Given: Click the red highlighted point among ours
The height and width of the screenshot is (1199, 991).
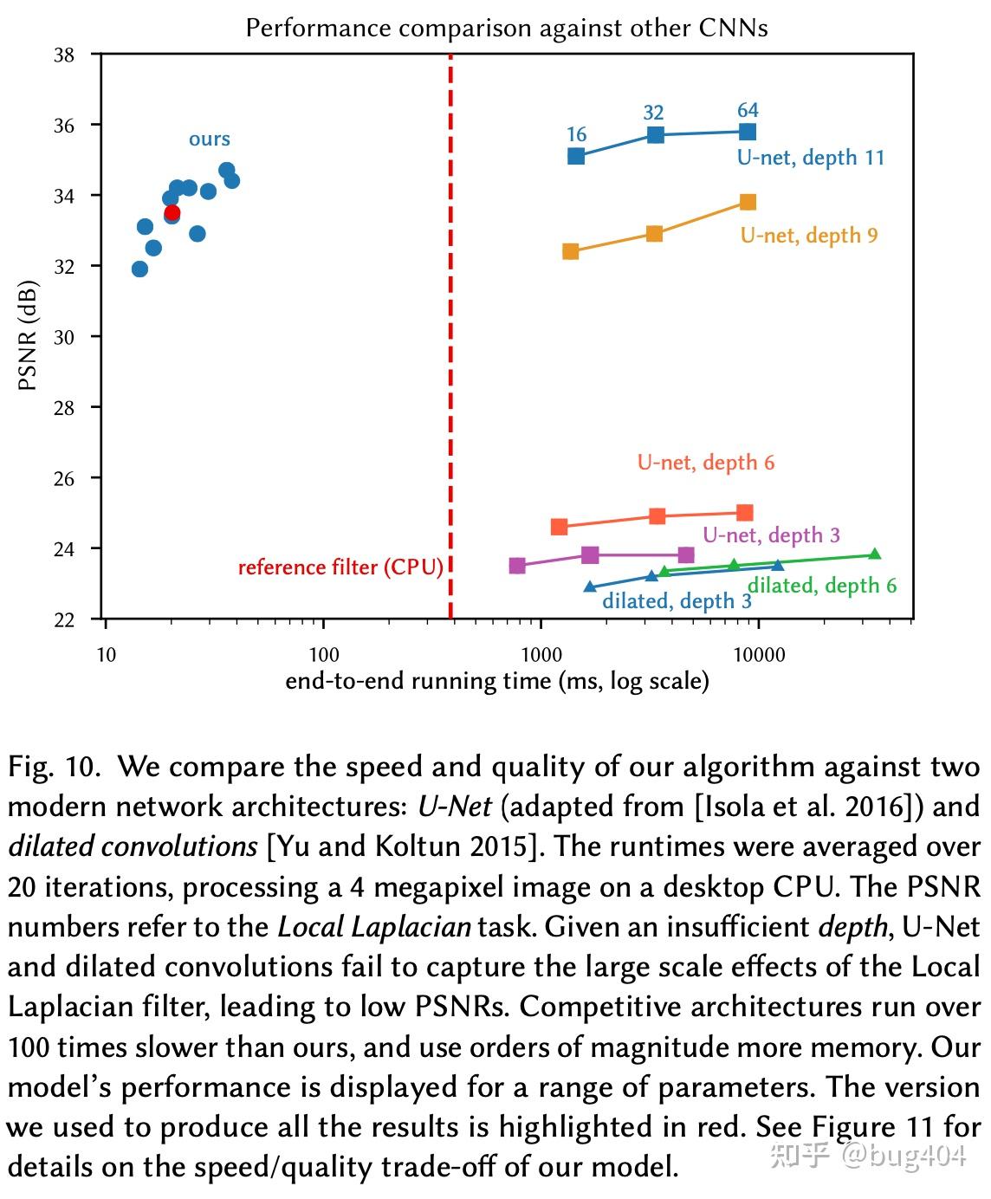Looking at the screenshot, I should click(x=172, y=212).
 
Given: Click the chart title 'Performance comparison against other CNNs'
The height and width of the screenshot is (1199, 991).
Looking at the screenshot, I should click(x=507, y=28).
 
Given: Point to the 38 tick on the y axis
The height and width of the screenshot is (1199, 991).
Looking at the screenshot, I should click(x=65, y=55).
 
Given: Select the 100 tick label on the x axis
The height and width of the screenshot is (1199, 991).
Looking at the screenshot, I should click(x=323, y=655).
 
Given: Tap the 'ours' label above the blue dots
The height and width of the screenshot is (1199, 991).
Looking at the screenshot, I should click(x=210, y=139).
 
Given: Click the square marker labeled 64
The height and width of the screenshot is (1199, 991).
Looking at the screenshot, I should click(x=748, y=132).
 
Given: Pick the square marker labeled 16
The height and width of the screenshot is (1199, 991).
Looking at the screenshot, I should click(x=576, y=156).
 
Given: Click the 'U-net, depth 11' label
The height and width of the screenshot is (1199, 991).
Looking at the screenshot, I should click(x=811, y=158).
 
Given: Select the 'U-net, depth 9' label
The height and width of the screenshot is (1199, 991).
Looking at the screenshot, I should click(x=809, y=236).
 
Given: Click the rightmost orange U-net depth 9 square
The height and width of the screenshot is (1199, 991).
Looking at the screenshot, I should click(x=748, y=202).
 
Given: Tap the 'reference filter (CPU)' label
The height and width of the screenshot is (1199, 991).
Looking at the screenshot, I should click(x=340, y=567).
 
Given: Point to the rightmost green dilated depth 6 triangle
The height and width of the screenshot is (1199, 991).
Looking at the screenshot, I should click(x=875, y=554).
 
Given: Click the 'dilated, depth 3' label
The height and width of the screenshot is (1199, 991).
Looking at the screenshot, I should click(x=677, y=601).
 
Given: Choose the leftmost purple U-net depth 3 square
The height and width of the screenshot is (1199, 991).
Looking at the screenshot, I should click(x=517, y=566).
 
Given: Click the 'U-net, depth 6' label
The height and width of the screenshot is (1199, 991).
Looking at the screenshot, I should click(x=706, y=463).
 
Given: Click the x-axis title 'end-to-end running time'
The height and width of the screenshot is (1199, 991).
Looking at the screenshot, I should click(x=497, y=681).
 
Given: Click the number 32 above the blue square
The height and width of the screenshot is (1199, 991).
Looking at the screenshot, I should click(x=653, y=113).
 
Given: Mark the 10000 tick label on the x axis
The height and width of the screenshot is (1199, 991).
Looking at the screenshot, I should click(x=759, y=655).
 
